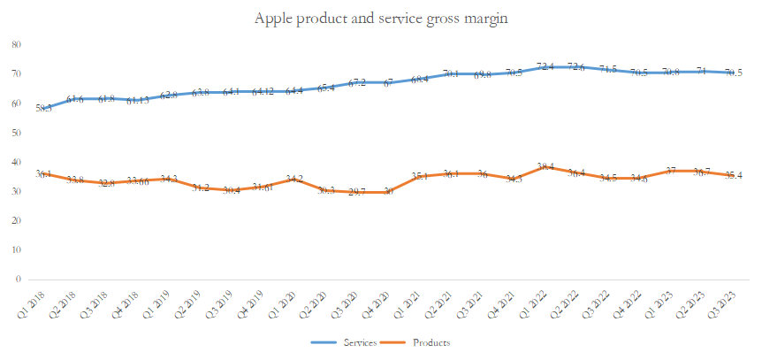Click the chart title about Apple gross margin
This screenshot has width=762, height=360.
click(x=381, y=19)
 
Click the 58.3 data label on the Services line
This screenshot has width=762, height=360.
click(x=43, y=108)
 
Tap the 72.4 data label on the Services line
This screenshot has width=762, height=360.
click(x=545, y=66)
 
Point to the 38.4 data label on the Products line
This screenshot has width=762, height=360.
click(x=545, y=166)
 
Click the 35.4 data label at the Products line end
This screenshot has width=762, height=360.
click(x=733, y=175)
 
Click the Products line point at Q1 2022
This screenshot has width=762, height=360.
click(x=545, y=166)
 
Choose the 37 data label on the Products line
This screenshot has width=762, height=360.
click(x=671, y=171)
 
